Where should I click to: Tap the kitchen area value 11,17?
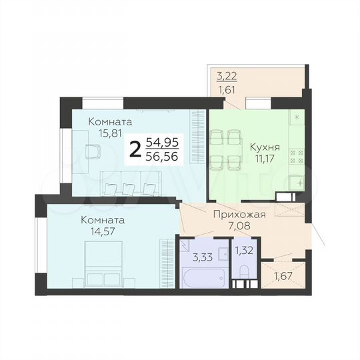point(264,159)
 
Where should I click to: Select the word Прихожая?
point(239,214)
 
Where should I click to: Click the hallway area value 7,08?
point(239,227)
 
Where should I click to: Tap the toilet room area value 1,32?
point(243,251)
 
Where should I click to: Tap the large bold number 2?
point(135,149)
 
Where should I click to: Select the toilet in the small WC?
point(244,273)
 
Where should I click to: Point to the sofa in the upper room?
point(132,181)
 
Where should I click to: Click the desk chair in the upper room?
point(92,152)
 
